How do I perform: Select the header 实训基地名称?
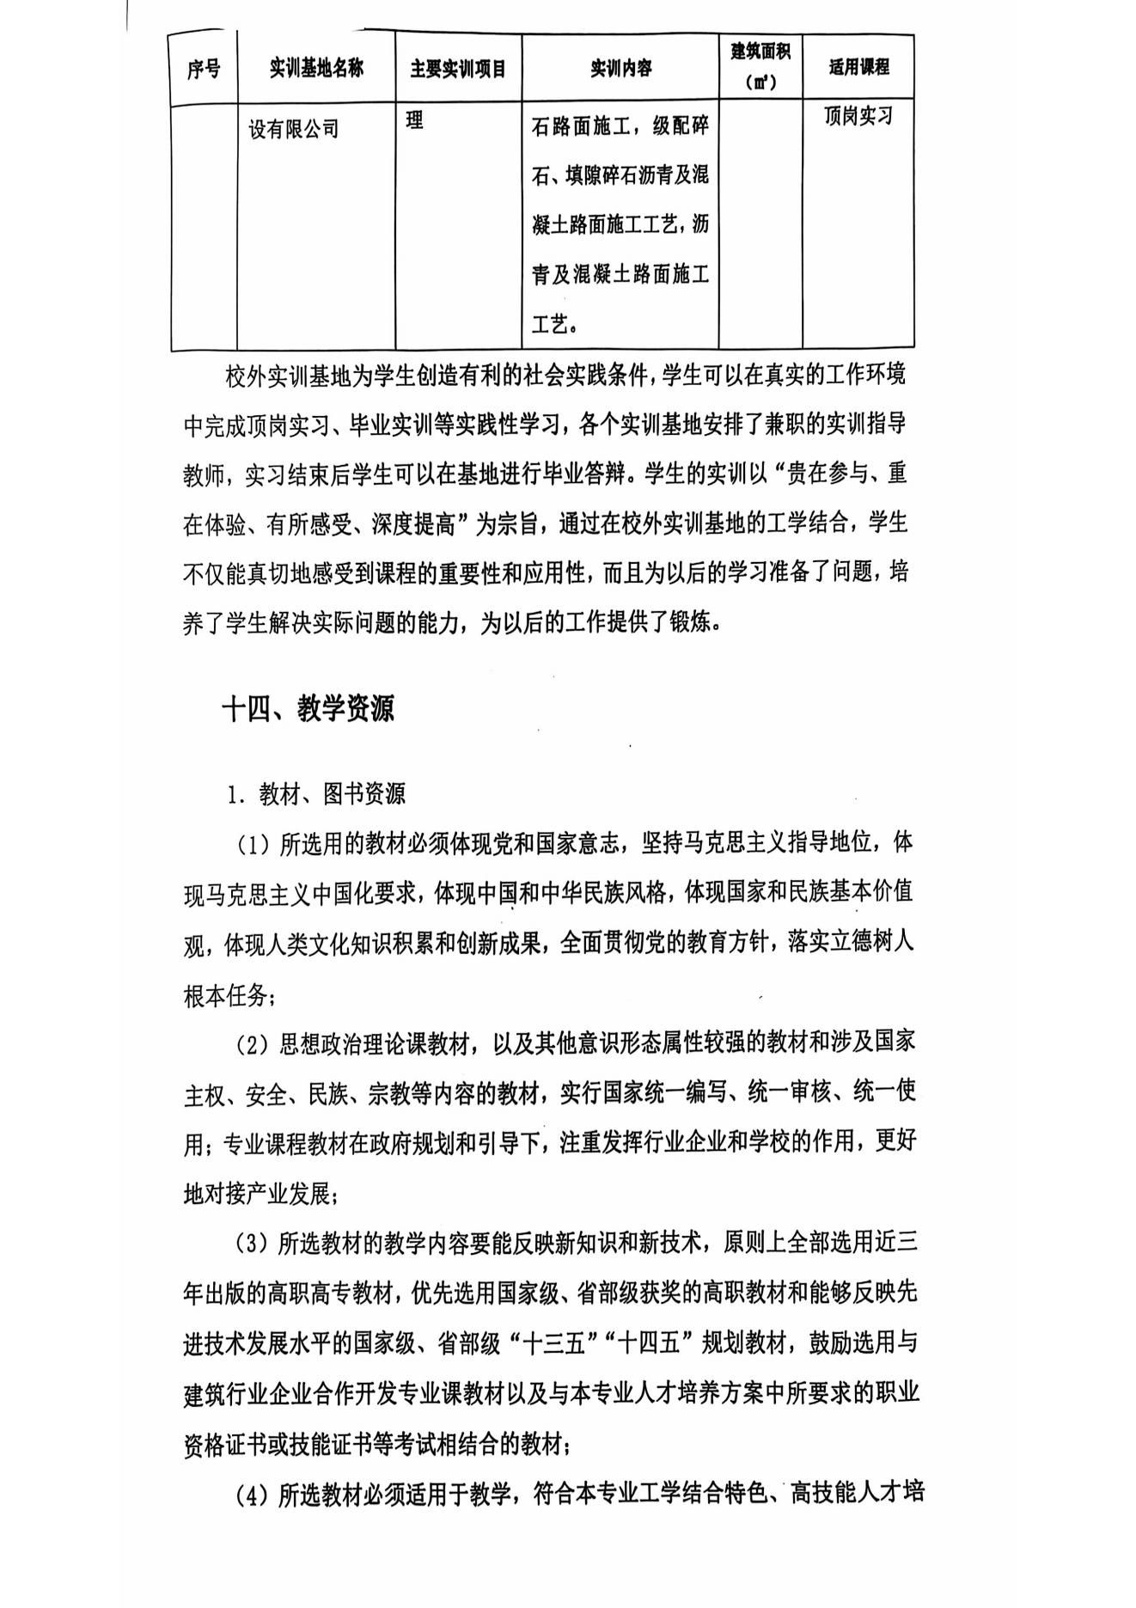pos(316,68)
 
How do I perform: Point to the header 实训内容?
pos(620,68)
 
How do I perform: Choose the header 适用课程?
pos(858,67)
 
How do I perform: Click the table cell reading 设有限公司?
pos(294,130)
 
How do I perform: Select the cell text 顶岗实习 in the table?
pos(858,116)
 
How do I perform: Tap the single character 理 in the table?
pos(415,120)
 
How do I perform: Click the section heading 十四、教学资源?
pos(308,709)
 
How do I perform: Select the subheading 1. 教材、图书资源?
pos(316,794)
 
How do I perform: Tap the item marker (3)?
pos(253,1244)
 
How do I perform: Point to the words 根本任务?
pos(225,995)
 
